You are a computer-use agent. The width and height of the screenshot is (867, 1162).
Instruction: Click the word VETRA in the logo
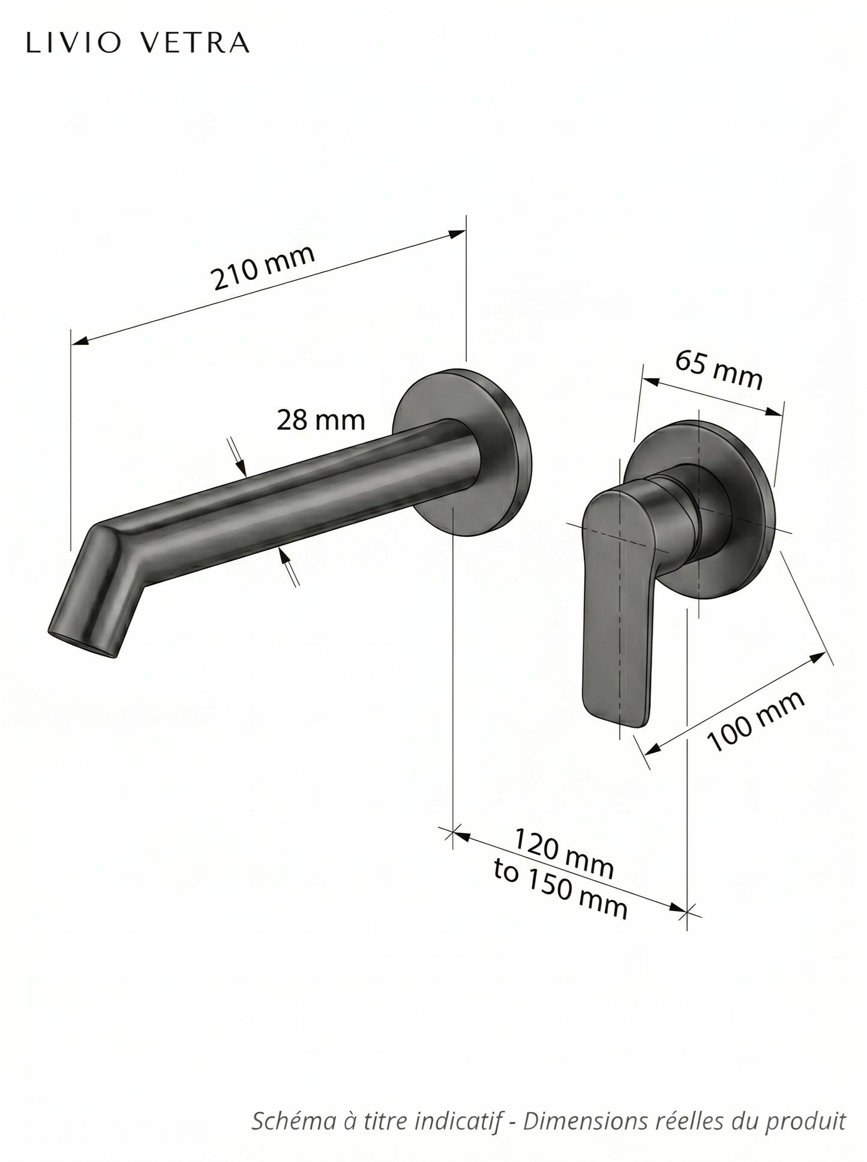196,43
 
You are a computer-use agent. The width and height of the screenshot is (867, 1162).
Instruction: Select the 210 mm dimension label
263,267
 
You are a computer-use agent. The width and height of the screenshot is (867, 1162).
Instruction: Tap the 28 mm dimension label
320,420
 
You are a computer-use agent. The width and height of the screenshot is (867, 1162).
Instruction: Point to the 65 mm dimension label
719,371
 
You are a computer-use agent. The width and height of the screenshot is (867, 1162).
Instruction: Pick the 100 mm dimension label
756,721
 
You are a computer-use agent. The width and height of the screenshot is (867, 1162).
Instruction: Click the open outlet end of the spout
82,644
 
